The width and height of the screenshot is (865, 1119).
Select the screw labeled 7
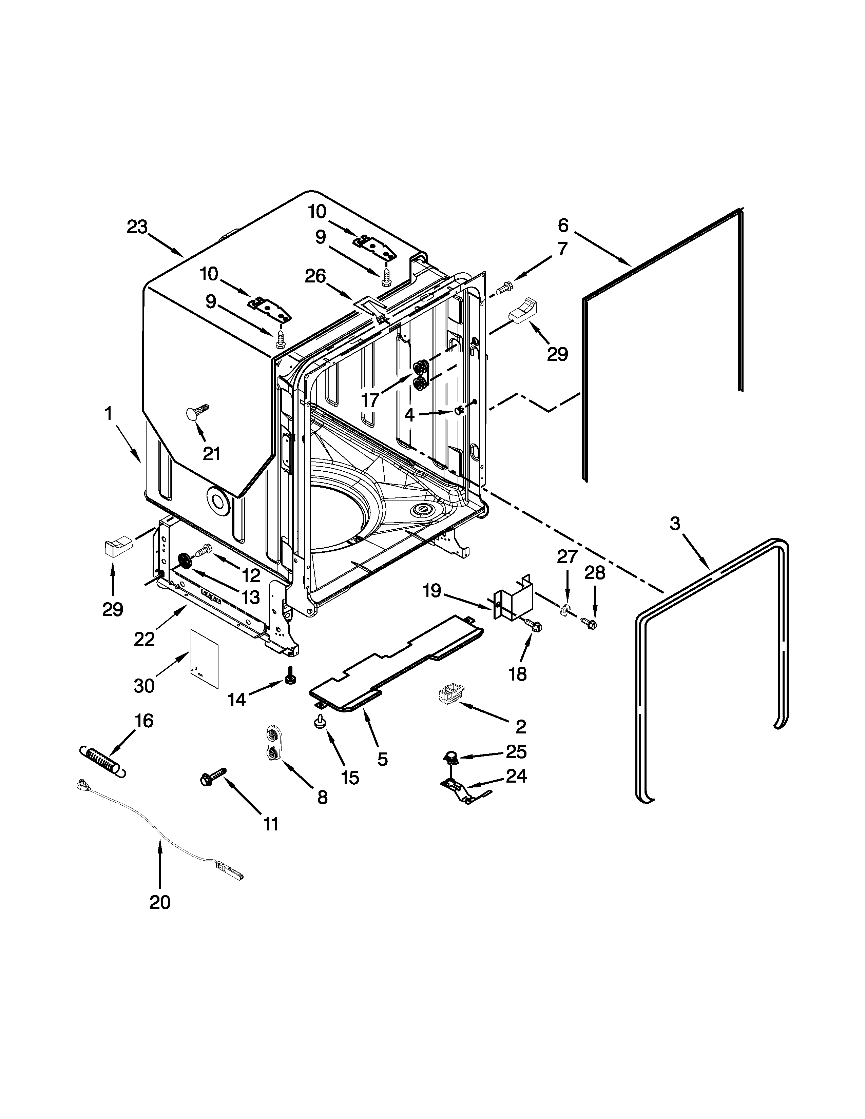tap(504, 288)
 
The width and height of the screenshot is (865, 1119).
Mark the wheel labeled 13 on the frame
tap(184, 561)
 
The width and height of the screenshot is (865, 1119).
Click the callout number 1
tap(108, 413)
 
